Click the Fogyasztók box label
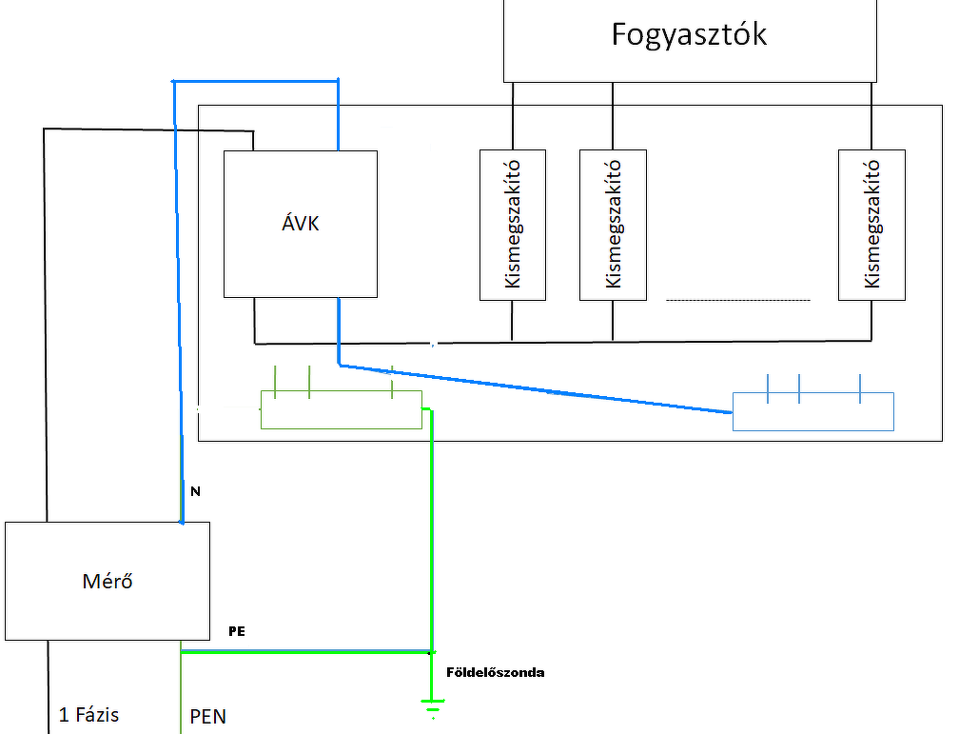coord(689,34)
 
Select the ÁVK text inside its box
coord(301,223)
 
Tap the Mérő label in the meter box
coord(107,581)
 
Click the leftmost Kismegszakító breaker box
coord(513,225)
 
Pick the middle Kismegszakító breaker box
coord(613,225)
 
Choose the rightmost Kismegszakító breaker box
coord(871,225)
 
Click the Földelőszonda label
coord(496,672)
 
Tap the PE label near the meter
coord(237,631)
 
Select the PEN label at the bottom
coord(208,716)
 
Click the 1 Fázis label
coord(88,714)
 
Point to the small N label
coord(196,491)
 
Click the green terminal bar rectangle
coord(342,409)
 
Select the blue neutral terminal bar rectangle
coord(813,411)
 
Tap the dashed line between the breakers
coord(737,300)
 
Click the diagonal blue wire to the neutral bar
coord(535,388)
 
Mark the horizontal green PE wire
coord(306,652)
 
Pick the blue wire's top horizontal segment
coord(256,81)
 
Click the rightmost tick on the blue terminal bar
coord(860,388)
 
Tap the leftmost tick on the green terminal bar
coord(275,382)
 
